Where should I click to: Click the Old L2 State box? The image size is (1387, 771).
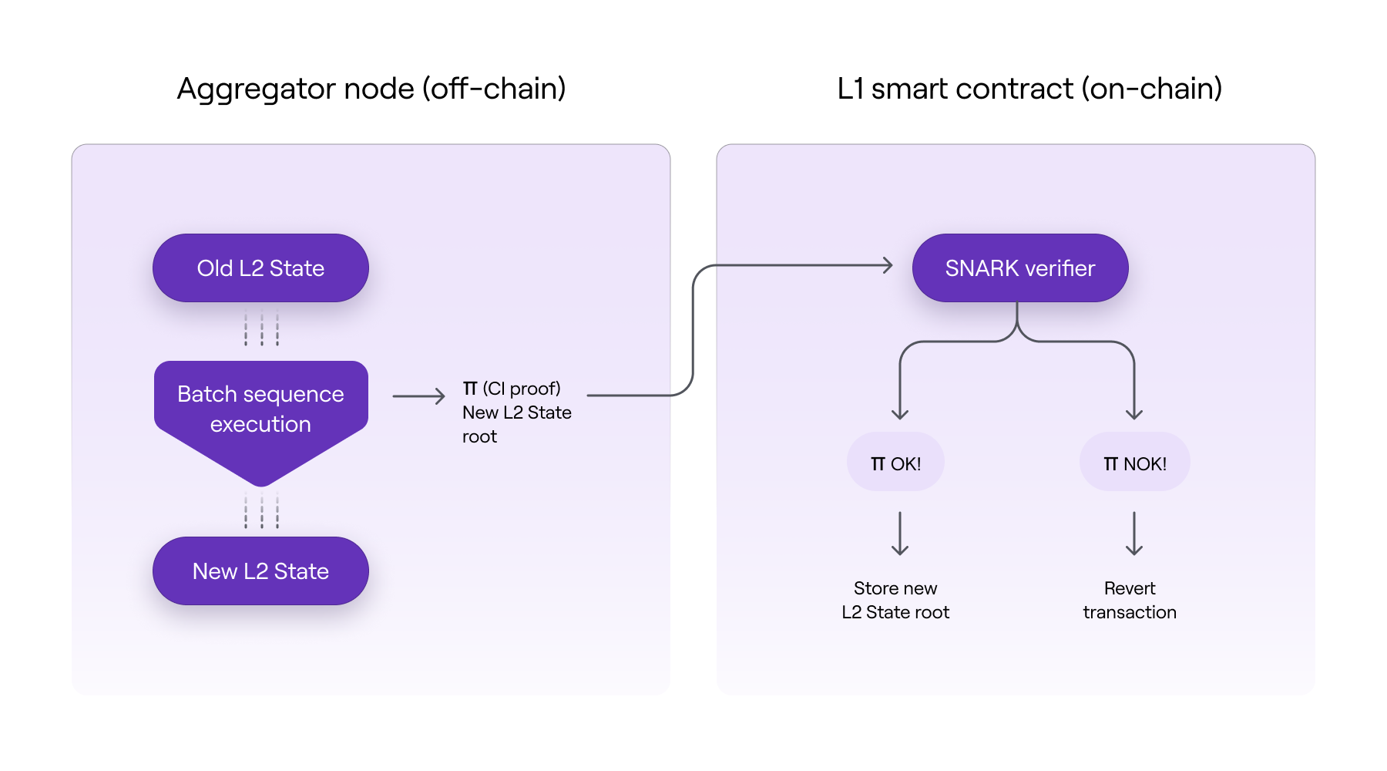260,268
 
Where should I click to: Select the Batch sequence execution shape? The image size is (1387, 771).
260,409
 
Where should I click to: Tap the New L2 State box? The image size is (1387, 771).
260,571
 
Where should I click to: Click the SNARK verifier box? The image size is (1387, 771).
1020,268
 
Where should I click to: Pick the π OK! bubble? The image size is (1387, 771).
895,463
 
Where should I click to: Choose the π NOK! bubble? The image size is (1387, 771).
1134,463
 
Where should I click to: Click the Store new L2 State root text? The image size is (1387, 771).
895,600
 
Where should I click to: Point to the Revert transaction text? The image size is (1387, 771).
1130,600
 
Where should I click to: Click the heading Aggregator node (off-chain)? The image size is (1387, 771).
371,89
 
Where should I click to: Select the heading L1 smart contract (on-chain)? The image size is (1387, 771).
1029,89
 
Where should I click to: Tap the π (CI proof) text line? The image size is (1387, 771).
512,389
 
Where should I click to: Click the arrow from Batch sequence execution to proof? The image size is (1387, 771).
418,396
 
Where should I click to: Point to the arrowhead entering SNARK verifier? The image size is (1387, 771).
888,265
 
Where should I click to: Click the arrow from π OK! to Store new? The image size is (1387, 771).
900,533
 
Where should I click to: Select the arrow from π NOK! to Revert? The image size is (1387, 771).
1134,533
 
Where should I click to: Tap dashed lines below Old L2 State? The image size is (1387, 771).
262,328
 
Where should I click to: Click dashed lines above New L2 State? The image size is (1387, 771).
262,510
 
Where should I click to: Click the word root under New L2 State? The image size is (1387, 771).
479,437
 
